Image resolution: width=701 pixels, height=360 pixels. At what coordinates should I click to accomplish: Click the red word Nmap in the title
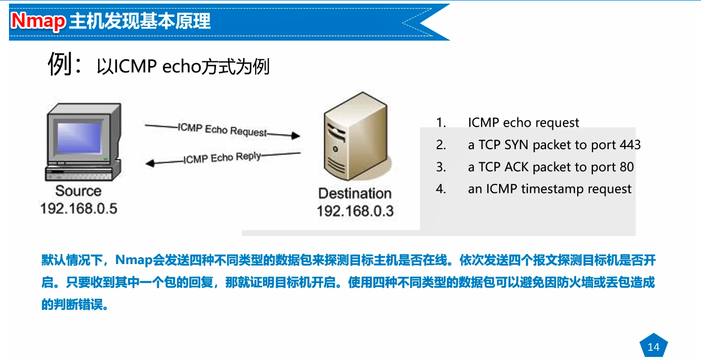tap(38, 21)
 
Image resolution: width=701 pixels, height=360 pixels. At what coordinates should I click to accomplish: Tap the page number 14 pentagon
tap(653, 347)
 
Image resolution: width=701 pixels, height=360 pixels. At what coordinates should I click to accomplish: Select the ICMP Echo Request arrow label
tap(222, 129)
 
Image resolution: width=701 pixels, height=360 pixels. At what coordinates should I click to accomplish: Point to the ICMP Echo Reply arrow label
tap(222, 158)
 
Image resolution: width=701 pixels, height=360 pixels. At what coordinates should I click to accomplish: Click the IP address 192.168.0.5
tap(79, 208)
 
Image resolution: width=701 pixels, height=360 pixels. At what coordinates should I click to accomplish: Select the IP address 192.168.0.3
tap(355, 211)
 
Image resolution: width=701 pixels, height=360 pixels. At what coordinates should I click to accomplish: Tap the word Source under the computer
tap(78, 191)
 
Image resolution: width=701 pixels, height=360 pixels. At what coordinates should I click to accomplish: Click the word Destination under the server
tap(355, 193)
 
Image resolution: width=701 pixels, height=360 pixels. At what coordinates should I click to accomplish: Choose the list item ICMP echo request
tap(523, 123)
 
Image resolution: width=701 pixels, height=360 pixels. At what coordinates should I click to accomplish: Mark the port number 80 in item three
tap(626, 167)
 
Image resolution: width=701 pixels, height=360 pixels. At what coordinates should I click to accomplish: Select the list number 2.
tap(441, 145)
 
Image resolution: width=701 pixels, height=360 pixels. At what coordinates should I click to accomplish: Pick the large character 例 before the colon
tap(60, 65)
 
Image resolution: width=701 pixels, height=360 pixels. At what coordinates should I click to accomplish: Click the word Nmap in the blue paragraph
tap(133, 260)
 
